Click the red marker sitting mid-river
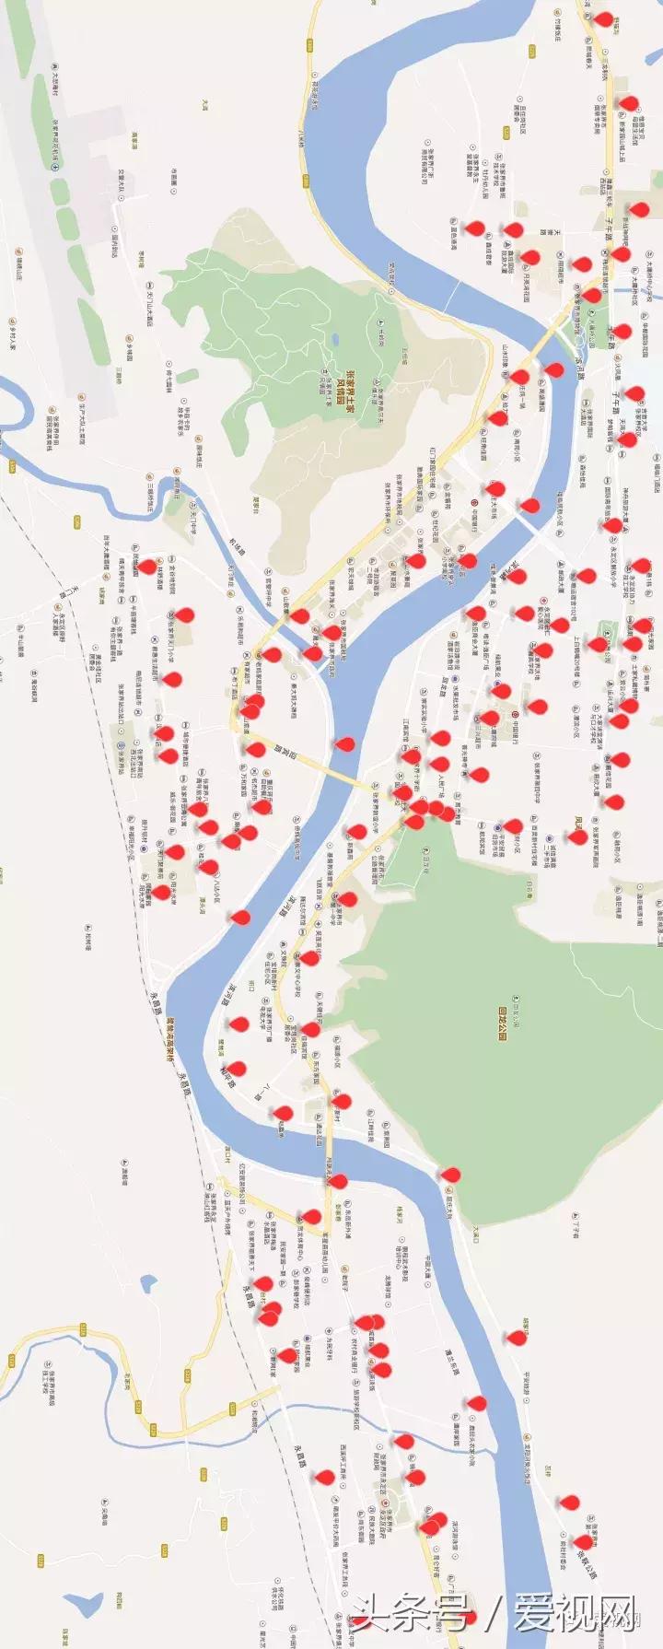[344, 743]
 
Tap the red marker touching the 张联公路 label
[583, 1539]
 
